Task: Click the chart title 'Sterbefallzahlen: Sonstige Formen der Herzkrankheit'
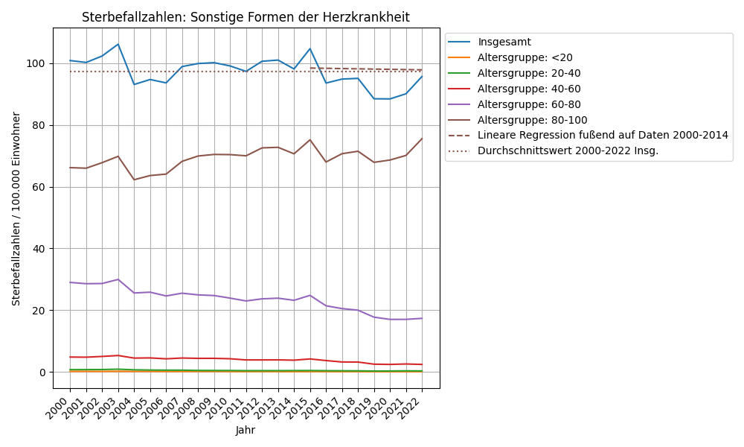pyautogui.click(x=246, y=17)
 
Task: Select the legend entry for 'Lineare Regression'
pyautogui.click(x=603, y=136)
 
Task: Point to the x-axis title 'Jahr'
pyautogui.click(x=246, y=431)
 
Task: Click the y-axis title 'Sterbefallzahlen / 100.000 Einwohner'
pyautogui.click(x=16, y=209)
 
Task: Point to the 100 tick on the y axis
pyautogui.click(x=39, y=63)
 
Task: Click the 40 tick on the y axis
pyautogui.click(x=41, y=249)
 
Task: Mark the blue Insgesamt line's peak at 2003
pyautogui.click(x=118, y=44)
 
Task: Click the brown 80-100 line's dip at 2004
pyautogui.click(x=134, y=180)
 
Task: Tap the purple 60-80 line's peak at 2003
pyautogui.click(x=118, y=279)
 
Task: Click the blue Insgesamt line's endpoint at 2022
pyautogui.click(x=422, y=77)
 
